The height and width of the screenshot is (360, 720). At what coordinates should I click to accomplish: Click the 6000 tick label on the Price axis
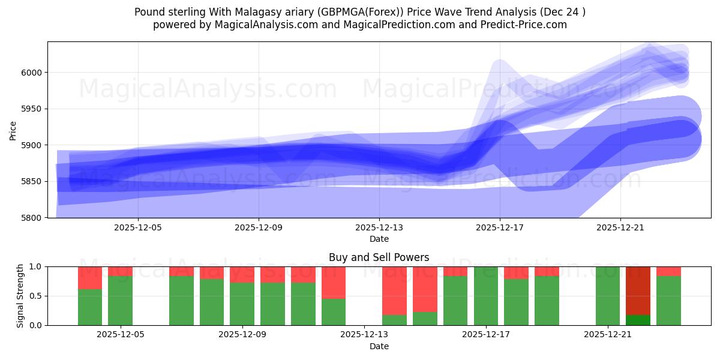(x=31, y=73)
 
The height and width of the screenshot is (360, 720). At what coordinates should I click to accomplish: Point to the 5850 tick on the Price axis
(x=31, y=181)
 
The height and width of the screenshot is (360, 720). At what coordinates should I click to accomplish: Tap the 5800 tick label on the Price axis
(x=31, y=218)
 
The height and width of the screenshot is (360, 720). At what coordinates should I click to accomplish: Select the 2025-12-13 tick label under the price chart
(x=379, y=228)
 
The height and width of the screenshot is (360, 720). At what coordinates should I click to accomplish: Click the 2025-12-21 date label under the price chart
(x=620, y=228)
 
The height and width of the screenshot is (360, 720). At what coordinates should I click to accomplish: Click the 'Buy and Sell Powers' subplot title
(x=379, y=257)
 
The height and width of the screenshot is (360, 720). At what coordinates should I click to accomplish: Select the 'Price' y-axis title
(x=13, y=130)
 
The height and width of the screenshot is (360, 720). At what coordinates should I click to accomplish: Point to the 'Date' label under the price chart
(x=379, y=239)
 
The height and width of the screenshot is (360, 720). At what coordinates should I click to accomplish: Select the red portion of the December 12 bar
(x=334, y=282)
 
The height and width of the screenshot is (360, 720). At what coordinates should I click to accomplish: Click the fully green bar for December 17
(x=486, y=296)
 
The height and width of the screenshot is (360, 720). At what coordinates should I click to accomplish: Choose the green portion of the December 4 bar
(x=90, y=307)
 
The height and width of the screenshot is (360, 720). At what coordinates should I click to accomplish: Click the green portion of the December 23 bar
(x=668, y=301)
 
